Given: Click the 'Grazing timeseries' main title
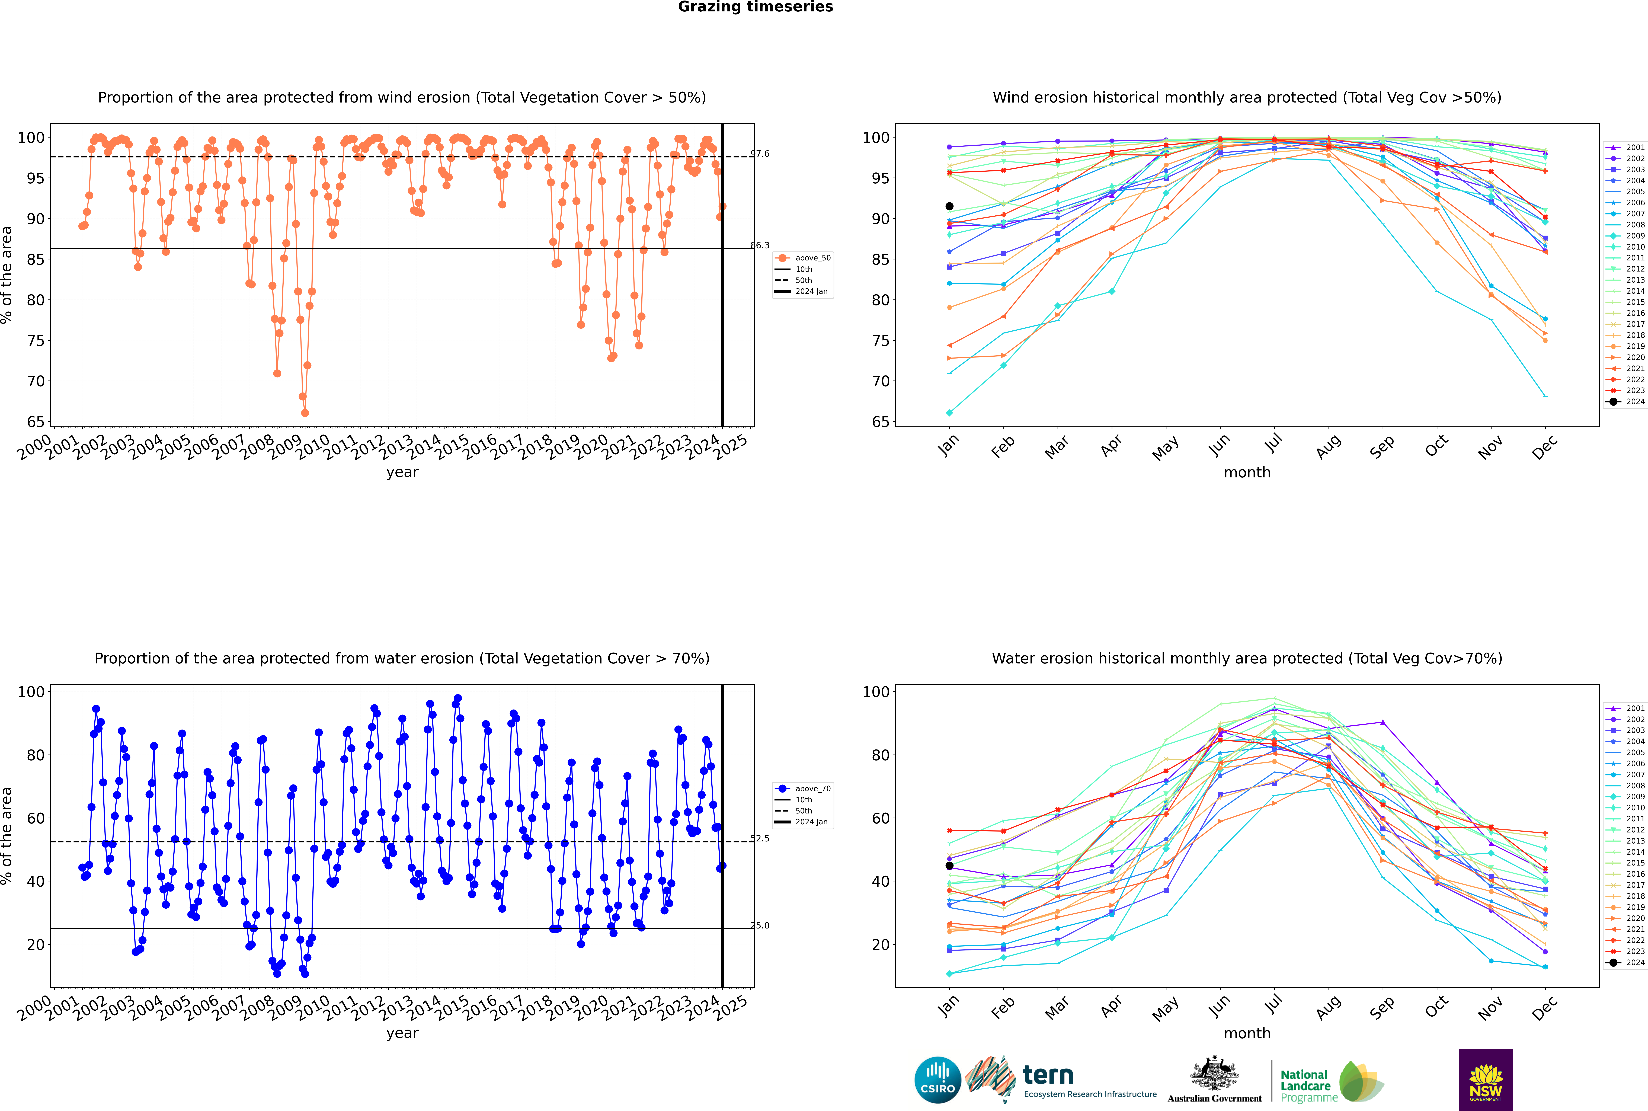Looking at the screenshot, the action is (x=755, y=7).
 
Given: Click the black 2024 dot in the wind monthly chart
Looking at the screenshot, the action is (x=949, y=206).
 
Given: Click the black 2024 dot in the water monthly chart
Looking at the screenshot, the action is (x=949, y=866).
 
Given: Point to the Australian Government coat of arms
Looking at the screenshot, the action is (x=1214, y=1073).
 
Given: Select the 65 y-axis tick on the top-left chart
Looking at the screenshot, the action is (x=35, y=422).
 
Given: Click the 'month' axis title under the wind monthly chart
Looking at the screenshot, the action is (x=1247, y=473).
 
